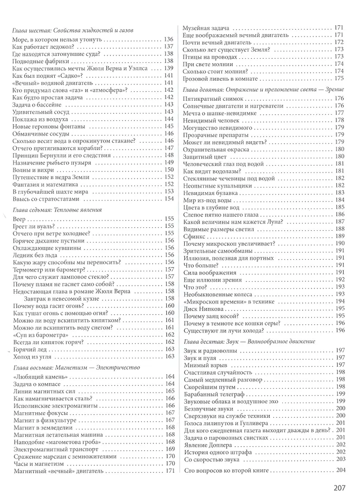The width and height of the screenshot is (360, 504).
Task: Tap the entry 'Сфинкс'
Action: pos(193,237)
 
